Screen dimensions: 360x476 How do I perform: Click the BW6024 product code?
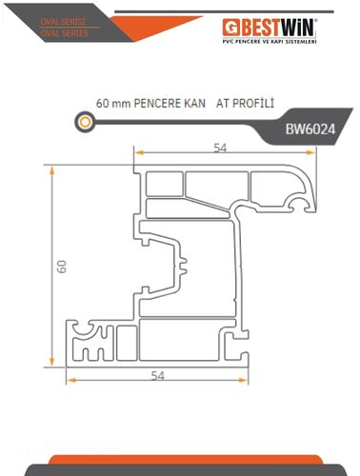click(310, 129)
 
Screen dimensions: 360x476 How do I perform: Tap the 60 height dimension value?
click(62, 267)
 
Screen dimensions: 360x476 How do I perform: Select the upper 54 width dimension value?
click(220, 148)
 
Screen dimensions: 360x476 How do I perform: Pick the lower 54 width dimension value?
click(158, 376)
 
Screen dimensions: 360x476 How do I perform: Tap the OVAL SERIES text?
click(65, 33)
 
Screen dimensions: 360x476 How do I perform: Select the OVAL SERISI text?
click(63, 22)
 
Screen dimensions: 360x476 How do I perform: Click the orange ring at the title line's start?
click(85, 122)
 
